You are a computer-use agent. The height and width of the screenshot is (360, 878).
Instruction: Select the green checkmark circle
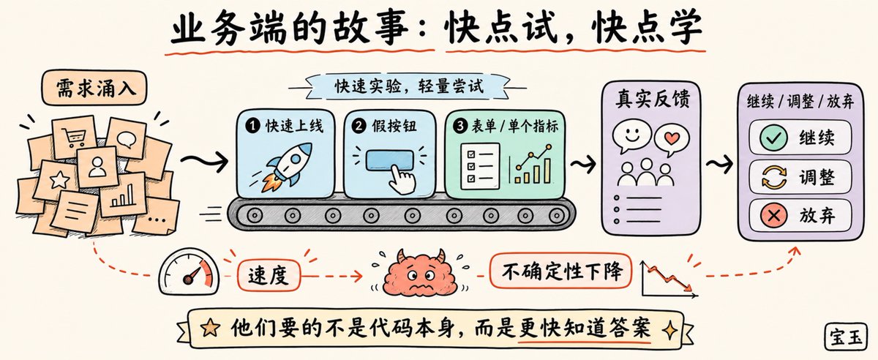(773, 138)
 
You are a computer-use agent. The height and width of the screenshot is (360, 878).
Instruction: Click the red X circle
(773, 215)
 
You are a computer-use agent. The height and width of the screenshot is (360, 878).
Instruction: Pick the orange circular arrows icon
(774, 177)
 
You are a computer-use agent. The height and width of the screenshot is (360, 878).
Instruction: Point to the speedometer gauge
(190, 271)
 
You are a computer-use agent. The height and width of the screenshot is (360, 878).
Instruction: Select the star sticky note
(59, 181)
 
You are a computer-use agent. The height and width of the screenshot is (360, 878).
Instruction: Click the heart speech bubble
(672, 139)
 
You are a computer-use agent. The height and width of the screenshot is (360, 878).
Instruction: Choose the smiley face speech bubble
(631, 137)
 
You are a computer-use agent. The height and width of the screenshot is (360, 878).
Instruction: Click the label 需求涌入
(94, 88)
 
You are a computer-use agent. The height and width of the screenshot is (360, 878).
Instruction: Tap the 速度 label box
(269, 276)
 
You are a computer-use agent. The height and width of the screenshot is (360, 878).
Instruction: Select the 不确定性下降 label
(561, 271)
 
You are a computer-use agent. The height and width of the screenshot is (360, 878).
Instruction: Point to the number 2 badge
(359, 126)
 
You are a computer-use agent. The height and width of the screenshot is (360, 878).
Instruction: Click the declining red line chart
(669, 280)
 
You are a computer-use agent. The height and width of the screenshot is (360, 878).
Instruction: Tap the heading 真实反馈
(653, 99)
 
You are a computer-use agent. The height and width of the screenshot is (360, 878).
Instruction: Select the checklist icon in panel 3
(480, 166)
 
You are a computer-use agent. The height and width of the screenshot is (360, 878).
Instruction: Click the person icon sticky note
(97, 167)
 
